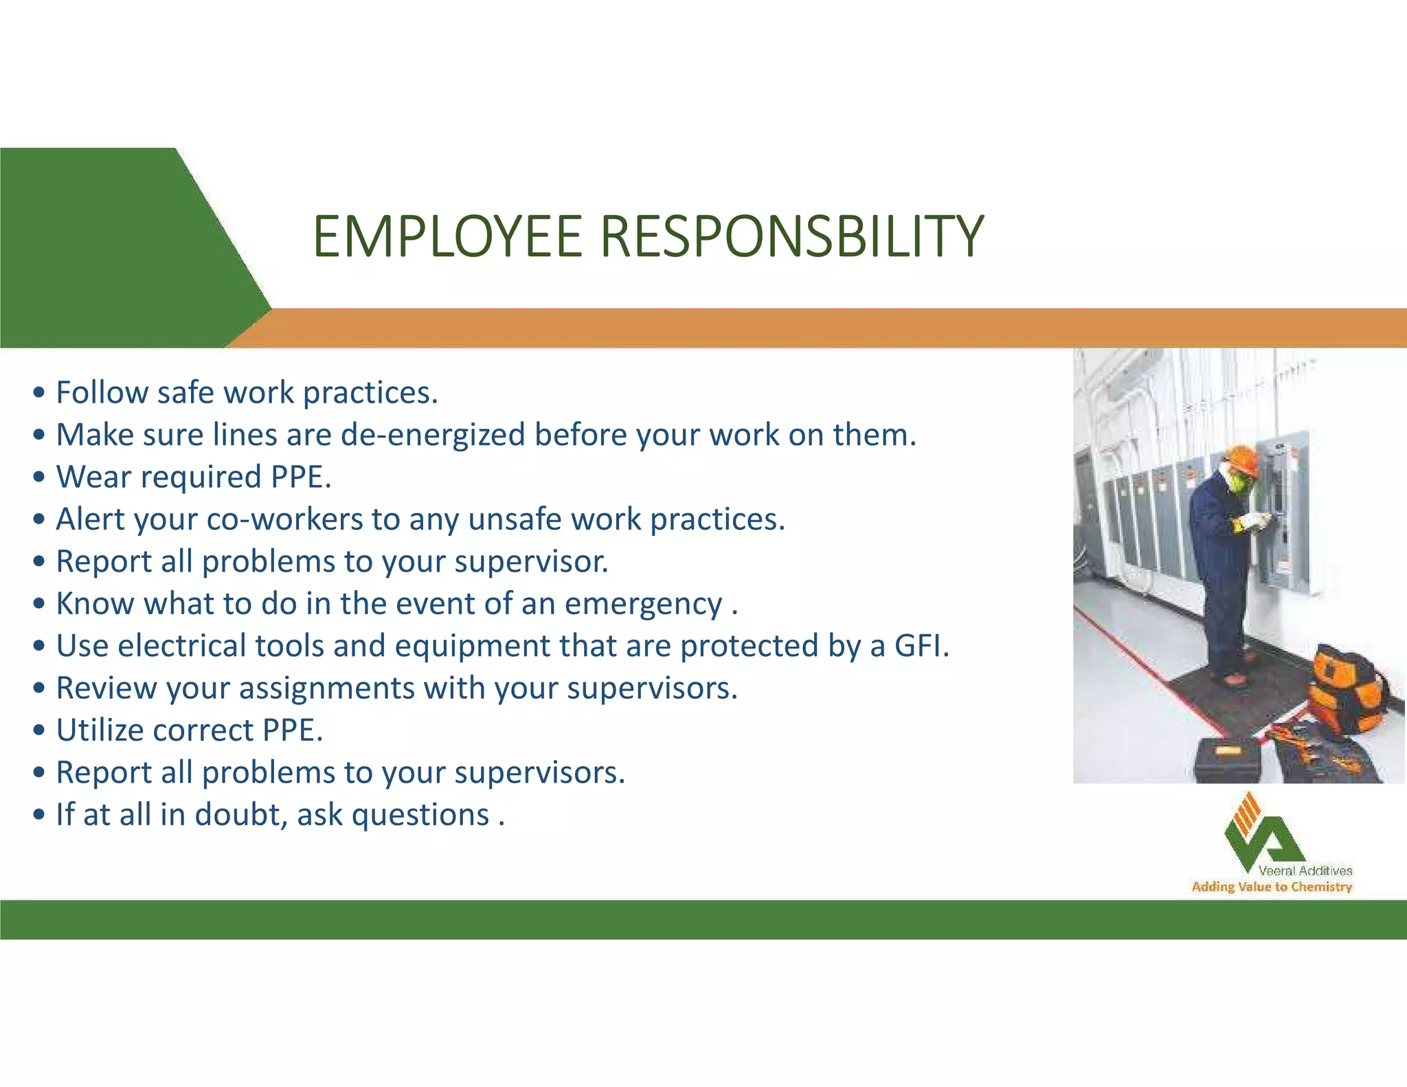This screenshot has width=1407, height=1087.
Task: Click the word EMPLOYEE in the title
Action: pyautogui.click(x=447, y=237)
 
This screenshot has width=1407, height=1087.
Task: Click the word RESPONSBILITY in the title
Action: pyautogui.click(x=792, y=237)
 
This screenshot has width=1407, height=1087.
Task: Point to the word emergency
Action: pyautogui.click(x=643, y=605)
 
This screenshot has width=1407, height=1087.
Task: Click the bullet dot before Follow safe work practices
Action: pyautogui.click(x=40, y=393)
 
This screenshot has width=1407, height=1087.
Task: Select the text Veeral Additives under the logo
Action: pyautogui.click(x=1305, y=871)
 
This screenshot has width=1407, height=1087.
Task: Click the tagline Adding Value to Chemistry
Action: pyautogui.click(x=1272, y=887)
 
